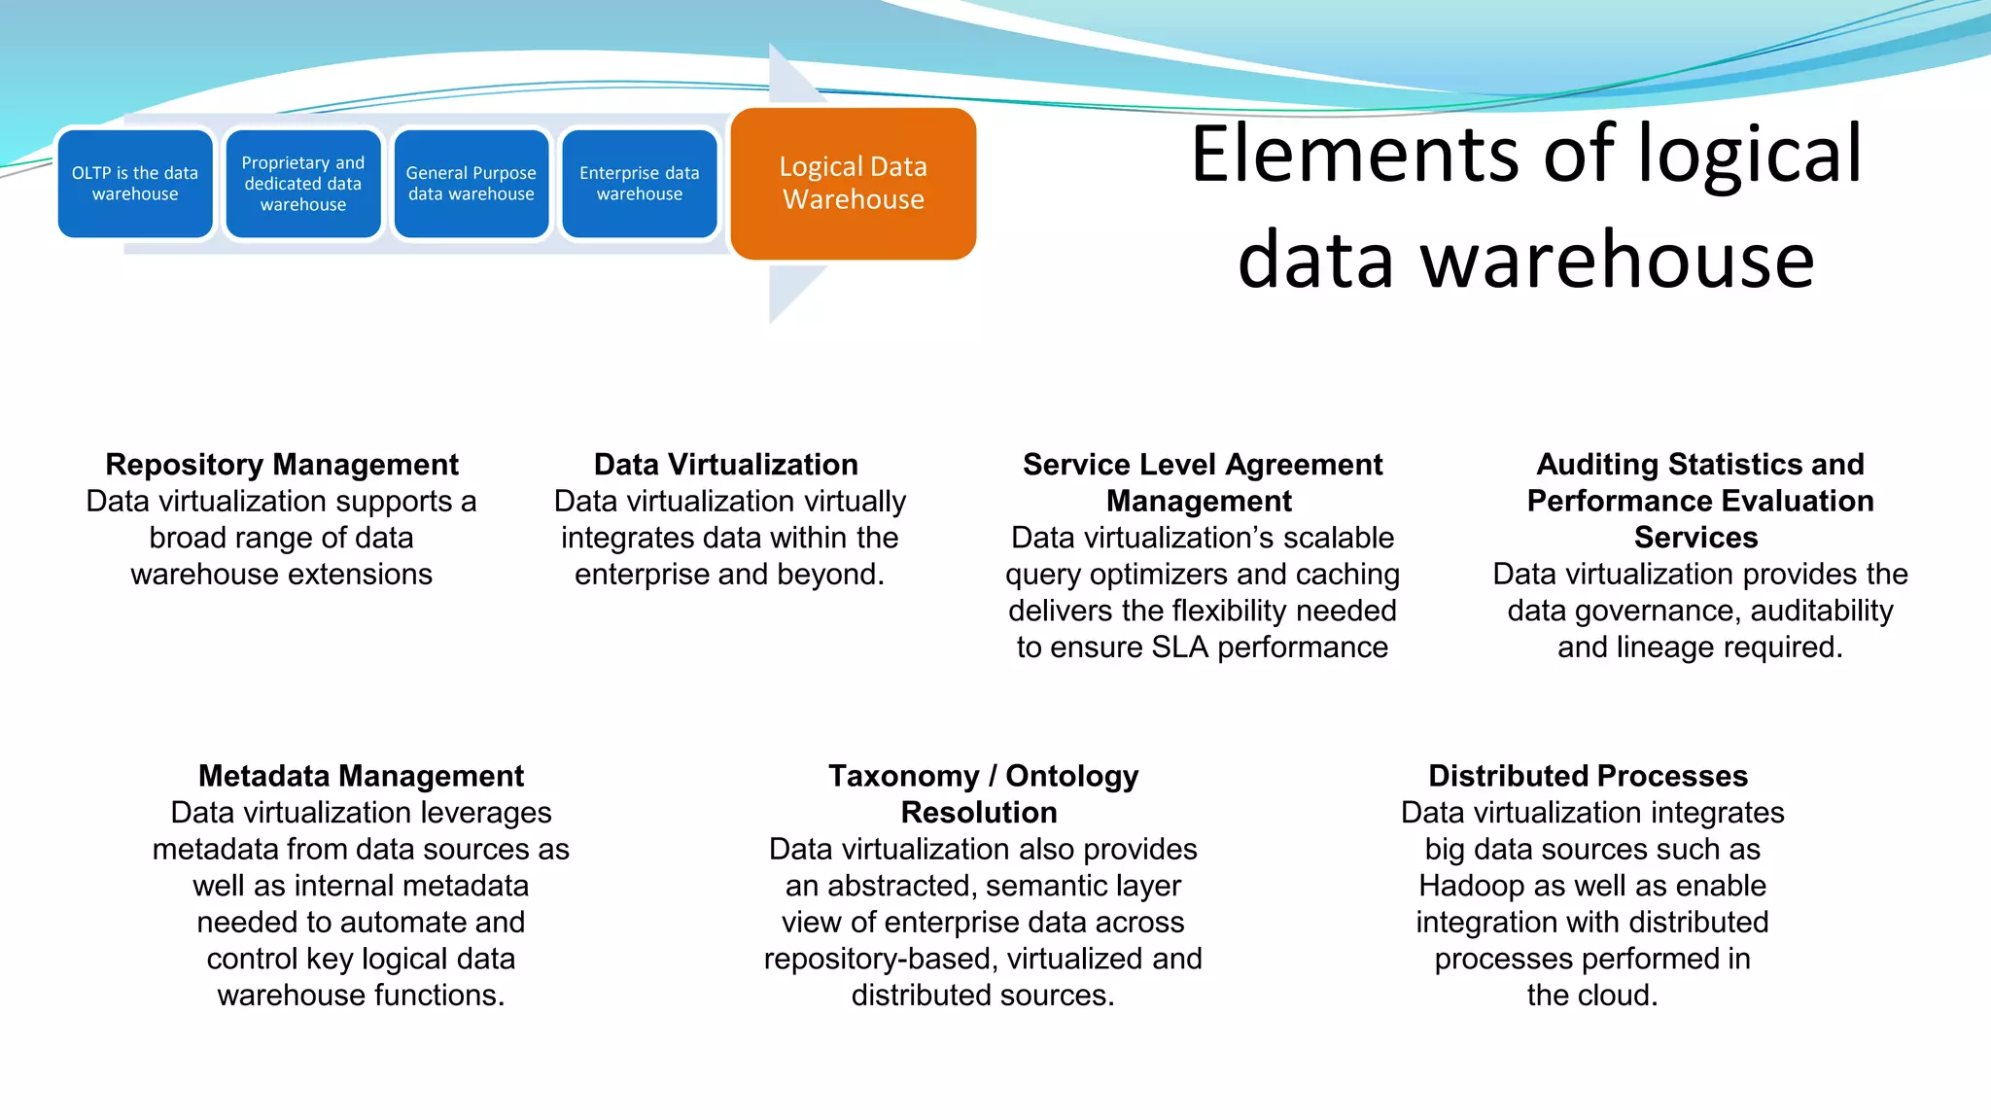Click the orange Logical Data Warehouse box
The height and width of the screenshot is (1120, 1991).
(853, 184)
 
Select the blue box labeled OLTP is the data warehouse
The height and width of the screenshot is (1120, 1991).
(135, 184)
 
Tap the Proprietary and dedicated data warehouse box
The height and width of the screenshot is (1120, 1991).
(303, 184)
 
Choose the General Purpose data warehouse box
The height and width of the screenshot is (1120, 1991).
(472, 184)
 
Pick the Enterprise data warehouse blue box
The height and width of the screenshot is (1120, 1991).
(640, 184)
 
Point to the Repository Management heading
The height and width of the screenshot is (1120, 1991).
(282, 465)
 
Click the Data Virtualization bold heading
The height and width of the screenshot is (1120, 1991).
(726, 465)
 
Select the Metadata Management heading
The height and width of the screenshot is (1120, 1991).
(361, 776)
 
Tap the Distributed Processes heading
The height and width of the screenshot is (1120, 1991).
(1588, 776)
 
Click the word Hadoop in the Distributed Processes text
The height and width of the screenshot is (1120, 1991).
(1471, 886)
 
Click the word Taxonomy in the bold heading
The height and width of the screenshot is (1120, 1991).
(903, 776)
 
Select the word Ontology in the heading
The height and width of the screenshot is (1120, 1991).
(1071, 776)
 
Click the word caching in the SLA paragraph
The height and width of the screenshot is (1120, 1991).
(1347, 575)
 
